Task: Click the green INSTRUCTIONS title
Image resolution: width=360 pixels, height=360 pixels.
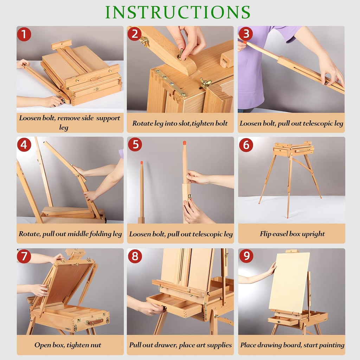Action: (178, 12)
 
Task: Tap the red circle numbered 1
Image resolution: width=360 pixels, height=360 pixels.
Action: (24, 34)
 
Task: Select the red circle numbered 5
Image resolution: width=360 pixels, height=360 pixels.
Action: (135, 144)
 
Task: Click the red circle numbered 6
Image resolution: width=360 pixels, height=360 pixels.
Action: (246, 145)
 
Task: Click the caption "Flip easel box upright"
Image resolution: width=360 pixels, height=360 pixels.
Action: (292, 234)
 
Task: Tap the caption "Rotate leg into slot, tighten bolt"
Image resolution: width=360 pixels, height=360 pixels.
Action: (180, 123)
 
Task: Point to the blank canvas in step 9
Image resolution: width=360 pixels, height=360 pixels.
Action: (289, 282)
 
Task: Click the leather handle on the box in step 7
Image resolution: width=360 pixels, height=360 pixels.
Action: (95, 321)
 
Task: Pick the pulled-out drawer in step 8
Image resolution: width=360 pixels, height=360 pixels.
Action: (174, 304)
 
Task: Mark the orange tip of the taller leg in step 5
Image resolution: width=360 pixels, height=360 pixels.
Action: (184, 143)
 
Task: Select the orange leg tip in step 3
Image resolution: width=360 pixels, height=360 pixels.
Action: (245, 42)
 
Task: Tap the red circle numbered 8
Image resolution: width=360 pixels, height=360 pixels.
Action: (135, 256)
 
